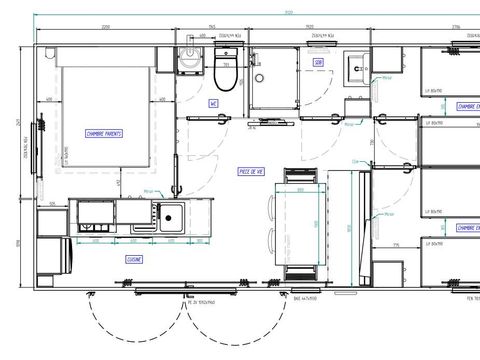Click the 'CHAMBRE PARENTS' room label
tap(104, 132)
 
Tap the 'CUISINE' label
tap(135, 258)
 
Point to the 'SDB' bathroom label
tap(318, 62)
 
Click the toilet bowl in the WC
tap(225, 79)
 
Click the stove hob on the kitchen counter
tap(97, 214)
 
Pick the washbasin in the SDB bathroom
tap(356, 67)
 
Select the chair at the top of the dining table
tap(299, 180)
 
